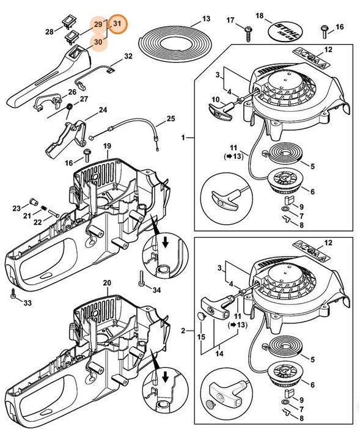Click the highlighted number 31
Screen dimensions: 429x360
click(x=119, y=23)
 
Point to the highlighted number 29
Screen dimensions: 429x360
click(x=98, y=24)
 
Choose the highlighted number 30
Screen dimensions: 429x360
click(x=98, y=42)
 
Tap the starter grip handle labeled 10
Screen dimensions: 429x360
click(x=219, y=108)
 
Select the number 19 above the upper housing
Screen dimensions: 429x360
click(x=106, y=147)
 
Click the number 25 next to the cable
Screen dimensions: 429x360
click(x=171, y=118)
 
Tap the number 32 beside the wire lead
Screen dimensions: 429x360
click(x=128, y=56)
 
